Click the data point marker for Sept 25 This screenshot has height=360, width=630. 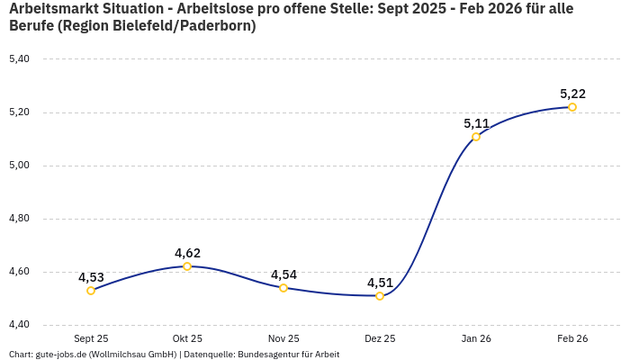coord(91,291)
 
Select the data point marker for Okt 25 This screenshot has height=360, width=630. coord(187,266)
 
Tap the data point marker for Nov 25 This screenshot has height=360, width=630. coord(283,288)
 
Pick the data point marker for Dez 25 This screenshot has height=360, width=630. coord(380,296)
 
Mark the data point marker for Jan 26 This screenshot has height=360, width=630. coord(476,137)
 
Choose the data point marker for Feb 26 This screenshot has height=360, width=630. coord(572,107)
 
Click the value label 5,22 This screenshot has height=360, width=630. coord(572,94)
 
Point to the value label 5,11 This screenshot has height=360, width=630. coord(476,123)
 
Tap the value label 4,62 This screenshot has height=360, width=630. coord(187,253)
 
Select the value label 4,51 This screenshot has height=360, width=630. coord(380,283)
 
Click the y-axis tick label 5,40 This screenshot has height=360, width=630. coord(19,59)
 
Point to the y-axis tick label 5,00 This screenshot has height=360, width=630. coord(19,166)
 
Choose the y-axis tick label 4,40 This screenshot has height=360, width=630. coord(19,325)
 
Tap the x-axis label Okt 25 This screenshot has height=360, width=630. coord(187,338)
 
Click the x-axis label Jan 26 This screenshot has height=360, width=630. coord(476,338)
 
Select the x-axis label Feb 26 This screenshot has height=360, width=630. coord(572,338)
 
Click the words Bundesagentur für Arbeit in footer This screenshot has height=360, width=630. coord(288,355)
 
